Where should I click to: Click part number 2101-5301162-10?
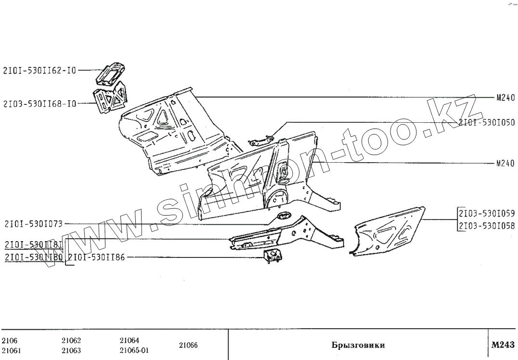pyautogui.click(x=39, y=70)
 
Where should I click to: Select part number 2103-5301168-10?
pyautogui.click(x=39, y=103)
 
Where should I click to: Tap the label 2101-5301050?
pyautogui.click(x=486, y=123)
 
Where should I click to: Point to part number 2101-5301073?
pyautogui.click(x=33, y=224)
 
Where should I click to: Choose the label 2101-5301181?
pyautogui.click(x=33, y=244)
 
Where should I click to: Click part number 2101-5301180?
pyautogui.click(x=33, y=257)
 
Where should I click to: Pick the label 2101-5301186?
pyautogui.click(x=96, y=257)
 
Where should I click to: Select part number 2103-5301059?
pyautogui.click(x=486, y=213)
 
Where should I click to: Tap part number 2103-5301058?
pyautogui.click(x=486, y=226)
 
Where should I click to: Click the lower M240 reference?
pyautogui.click(x=505, y=164)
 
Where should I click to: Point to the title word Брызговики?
pyautogui.click(x=358, y=345)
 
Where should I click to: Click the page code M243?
pyautogui.click(x=503, y=345)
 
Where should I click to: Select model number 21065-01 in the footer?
pyautogui.click(x=134, y=350)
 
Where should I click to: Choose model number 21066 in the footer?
pyautogui.click(x=188, y=345)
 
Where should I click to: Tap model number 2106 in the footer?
pyautogui.click(x=10, y=340)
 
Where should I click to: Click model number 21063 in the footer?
pyautogui.click(x=71, y=350)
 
